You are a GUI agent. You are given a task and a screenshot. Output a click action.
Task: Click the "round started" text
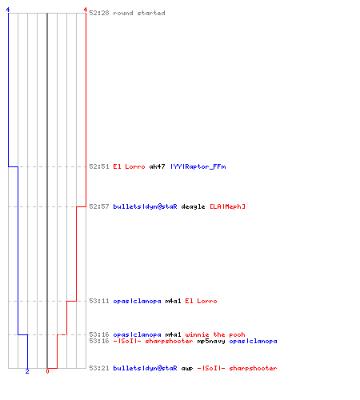[x=139, y=13]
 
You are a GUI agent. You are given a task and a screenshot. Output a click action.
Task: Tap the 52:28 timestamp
[x=99, y=13]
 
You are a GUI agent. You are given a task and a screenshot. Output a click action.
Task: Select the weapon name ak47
[x=157, y=166]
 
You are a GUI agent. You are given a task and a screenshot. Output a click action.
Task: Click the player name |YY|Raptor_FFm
[x=198, y=166]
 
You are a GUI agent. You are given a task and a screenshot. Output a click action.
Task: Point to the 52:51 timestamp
[x=99, y=166]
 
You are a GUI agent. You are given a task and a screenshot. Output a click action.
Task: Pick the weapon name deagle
[x=193, y=206]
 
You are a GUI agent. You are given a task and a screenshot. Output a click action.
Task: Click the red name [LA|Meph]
[x=227, y=206]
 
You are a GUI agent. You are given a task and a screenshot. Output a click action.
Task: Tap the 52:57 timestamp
[x=99, y=206]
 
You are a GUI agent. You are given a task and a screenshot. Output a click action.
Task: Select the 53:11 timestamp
[x=99, y=301]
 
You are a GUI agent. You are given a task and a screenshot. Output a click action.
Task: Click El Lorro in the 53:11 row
[x=201, y=301]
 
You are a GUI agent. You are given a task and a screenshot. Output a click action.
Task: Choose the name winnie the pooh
[x=215, y=334]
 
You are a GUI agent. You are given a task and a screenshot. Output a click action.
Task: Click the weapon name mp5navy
[x=211, y=342]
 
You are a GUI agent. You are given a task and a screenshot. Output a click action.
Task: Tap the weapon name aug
[x=187, y=369]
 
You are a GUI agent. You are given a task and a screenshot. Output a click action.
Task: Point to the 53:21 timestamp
[x=99, y=368]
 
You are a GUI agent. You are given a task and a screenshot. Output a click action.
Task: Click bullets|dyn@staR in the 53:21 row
[x=145, y=368]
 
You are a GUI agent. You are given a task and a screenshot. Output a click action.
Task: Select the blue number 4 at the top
[x=8, y=10]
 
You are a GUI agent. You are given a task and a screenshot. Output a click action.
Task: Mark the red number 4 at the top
[x=86, y=10]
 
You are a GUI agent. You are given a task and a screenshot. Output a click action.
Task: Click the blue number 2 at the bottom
[x=27, y=371]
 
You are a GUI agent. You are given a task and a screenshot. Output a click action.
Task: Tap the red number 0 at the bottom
[x=47, y=371]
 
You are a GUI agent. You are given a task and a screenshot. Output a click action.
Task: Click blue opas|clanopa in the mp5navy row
[x=253, y=342]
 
